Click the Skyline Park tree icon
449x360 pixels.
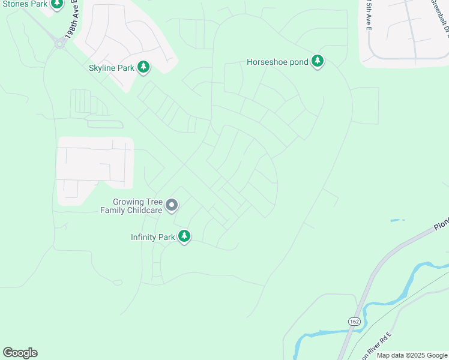(143, 67)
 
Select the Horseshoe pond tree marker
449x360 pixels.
(318, 61)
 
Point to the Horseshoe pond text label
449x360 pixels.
(277, 62)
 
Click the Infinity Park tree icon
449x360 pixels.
(184, 236)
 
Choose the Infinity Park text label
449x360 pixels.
(153, 237)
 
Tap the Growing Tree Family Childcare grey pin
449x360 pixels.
(172, 206)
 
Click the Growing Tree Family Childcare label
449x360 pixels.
(137, 206)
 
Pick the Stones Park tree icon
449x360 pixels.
(56, 5)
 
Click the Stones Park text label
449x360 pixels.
(25, 4)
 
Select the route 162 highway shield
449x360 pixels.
(353, 322)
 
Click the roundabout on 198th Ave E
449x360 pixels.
(59, 43)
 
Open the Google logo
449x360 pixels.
(20, 353)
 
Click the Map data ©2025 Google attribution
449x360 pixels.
(412, 355)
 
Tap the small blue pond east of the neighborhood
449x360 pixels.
(397, 220)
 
